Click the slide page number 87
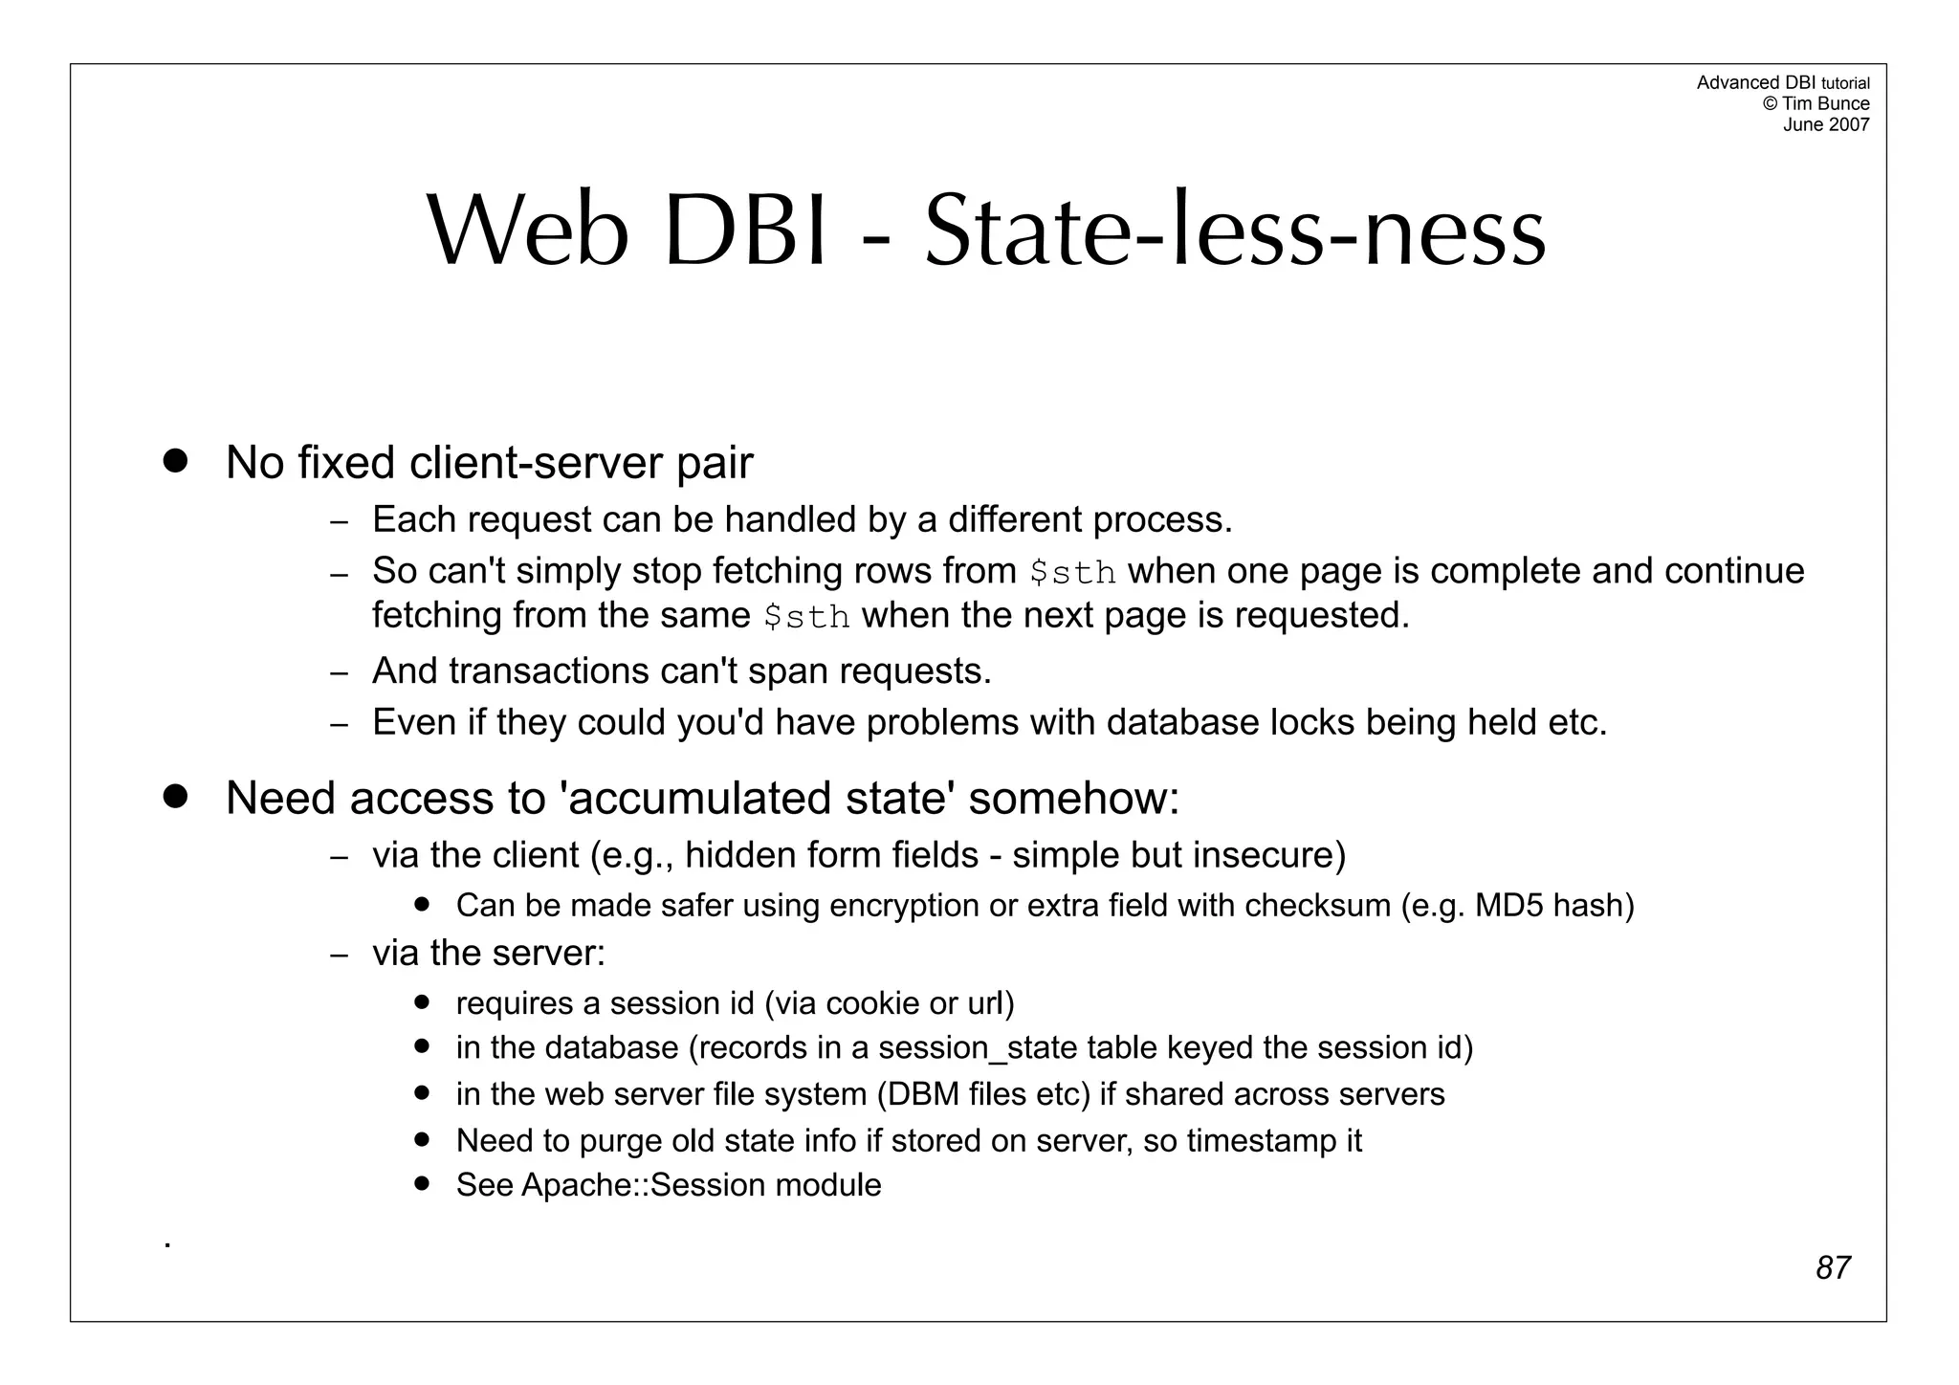[1833, 1267]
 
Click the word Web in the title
[528, 232]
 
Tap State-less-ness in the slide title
[1235, 232]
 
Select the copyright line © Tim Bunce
[1816, 103]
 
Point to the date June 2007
[1825, 124]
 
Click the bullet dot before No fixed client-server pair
[174, 461]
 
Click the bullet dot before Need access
[174, 797]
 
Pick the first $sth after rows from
[1072, 572]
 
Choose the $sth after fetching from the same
[807, 617]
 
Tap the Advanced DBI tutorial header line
[1782, 83]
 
